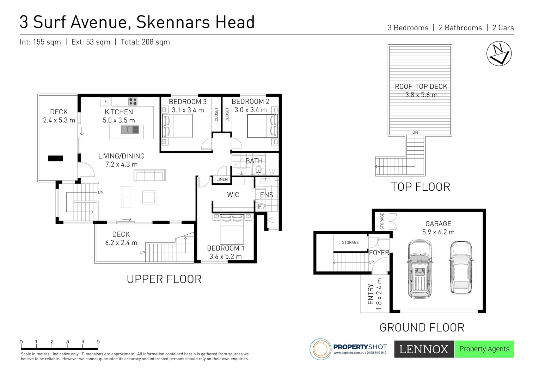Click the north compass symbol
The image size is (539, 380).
pyautogui.click(x=499, y=54)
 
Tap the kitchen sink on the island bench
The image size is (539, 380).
pyautogui.click(x=130, y=130)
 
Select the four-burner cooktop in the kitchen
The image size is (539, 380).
pyautogui.click(x=133, y=102)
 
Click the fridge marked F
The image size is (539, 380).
pyautogui.click(x=105, y=102)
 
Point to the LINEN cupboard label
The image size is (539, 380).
pyautogui.click(x=222, y=179)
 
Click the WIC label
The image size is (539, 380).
pyautogui.click(x=233, y=195)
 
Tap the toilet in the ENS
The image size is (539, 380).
pyautogui.click(x=261, y=205)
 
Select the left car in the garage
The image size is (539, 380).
pyautogui.click(x=419, y=269)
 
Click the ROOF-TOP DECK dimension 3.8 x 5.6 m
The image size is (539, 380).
pyautogui.click(x=421, y=95)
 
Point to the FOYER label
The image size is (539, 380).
pyautogui.click(x=379, y=253)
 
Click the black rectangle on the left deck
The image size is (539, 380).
pyautogui.click(x=55, y=158)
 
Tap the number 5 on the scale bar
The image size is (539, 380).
pyautogui.click(x=98, y=342)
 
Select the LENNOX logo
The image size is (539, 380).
pyautogui.click(x=424, y=349)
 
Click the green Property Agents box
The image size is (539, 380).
pyautogui.click(x=484, y=349)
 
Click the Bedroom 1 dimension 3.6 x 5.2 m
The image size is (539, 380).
pyautogui.click(x=226, y=256)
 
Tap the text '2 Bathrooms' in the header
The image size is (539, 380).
pyautogui.click(x=460, y=28)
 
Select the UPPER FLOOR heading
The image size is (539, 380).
pyautogui.click(x=164, y=279)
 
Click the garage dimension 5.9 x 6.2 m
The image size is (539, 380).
pyautogui.click(x=438, y=232)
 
